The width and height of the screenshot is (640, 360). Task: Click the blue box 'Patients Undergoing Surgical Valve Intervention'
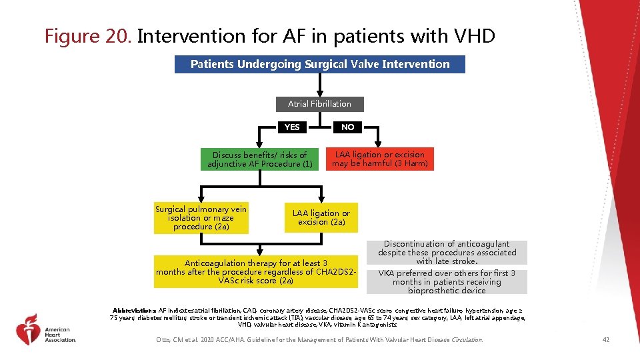pyautogui.click(x=320, y=64)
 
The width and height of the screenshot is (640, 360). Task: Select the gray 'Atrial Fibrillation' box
pyautogui.click(x=320, y=104)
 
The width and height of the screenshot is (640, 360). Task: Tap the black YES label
pyautogui.click(x=292, y=127)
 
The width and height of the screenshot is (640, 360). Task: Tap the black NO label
pyautogui.click(x=347, y=127)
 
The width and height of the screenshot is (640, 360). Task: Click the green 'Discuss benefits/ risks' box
pyautogui.click(x=260, y=159)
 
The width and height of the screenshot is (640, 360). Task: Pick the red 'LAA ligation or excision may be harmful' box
pyautogui.click(x=380, y=159)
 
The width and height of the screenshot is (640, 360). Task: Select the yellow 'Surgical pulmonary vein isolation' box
pyautogui.click(x=201, y=218)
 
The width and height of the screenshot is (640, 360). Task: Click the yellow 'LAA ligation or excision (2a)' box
pyautogui.click(x=321, y=217)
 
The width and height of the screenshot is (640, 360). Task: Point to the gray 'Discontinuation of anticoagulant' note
pyautogui.click(x=447, y=253)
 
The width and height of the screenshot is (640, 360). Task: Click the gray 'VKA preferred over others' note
pyautogui.click(x=447, y=282)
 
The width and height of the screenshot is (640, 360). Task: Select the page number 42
pyautogui.click(x=605, y=340)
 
